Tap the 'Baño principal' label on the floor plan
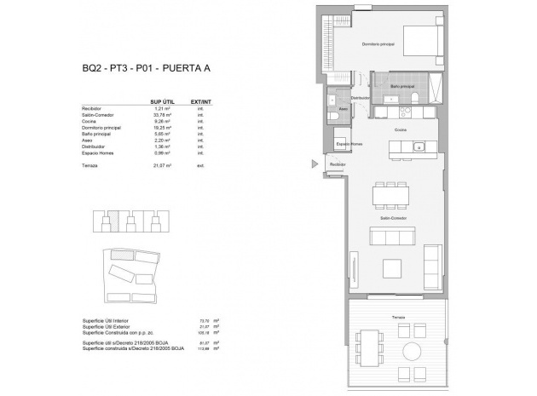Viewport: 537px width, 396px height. click(402, 86)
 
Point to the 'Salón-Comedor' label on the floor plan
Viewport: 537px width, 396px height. click(393, 219)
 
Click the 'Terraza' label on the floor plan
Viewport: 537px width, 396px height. click(398, 315)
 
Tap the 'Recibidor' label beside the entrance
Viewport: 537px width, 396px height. click(338, 164)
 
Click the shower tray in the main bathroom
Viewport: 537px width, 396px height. click(434, 88)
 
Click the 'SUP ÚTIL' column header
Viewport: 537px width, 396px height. click(161, 100)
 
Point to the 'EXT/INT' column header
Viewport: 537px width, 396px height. click(201, 100)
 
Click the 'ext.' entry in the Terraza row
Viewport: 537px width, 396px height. click(200, 165)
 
